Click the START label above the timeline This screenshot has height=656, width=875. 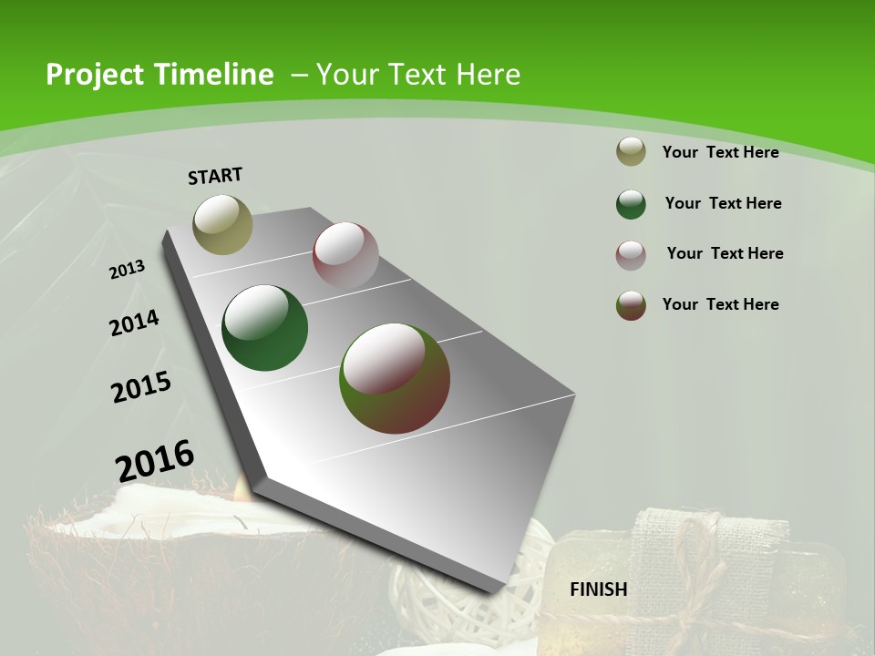click(x=215, y=176)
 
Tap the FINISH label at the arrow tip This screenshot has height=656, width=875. click(x=599, y=589)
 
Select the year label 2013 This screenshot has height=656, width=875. click(x=128, y=269)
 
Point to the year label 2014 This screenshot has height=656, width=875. click(x=134, y=323)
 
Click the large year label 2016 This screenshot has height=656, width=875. click(x=155, y=460)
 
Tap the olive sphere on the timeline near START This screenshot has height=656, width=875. click(x=223, y=224)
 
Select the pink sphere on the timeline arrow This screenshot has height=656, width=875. click(x=345, y=255)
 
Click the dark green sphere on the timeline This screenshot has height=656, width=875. click(x=265, y=328)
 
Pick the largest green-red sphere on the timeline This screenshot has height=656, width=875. click(x=395, y=378)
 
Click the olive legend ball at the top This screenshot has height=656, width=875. click(x=631, y=152)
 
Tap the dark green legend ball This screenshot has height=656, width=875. click(x=631, y=204)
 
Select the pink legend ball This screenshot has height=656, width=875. click(x=631, y=255)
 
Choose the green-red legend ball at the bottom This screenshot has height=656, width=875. click(x=631, y=305)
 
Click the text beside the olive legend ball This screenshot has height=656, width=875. click(x=720, y=152)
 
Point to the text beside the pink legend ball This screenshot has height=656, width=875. click(x=725, y=253)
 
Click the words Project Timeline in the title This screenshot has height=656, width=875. click(x=160, y=75)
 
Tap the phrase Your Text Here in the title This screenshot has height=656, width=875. click(x=418, y=75)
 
